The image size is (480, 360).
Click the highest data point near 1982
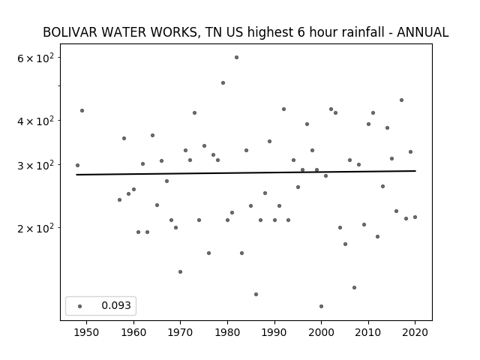point(237,58)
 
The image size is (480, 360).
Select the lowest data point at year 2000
point(321,307)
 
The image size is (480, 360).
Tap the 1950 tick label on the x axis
point(87,333)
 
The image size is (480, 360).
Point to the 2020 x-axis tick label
point(415,333)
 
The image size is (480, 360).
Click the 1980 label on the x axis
point(227,333)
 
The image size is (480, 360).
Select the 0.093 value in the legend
point(116,305)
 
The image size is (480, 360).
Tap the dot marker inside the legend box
point(80,307)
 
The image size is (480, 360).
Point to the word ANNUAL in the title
point(423,32)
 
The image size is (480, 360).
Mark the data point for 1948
point(77,166)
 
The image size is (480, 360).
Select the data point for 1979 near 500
point(223,83)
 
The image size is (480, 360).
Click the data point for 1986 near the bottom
point(256,295)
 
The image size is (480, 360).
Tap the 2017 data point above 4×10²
point(402,100)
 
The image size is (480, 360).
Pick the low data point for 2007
point(354,288)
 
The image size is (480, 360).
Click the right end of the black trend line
point(415,171)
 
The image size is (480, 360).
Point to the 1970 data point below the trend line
point(180,272)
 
